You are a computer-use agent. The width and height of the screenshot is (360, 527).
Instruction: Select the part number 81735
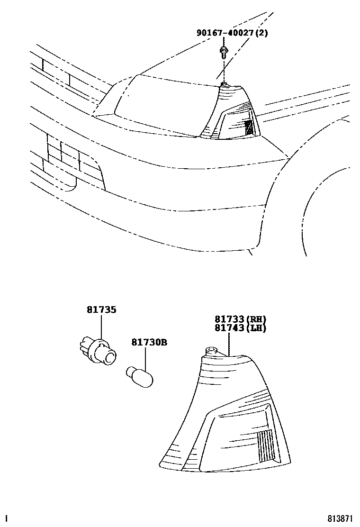(101, 310)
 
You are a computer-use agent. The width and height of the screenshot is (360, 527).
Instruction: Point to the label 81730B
(149, 342)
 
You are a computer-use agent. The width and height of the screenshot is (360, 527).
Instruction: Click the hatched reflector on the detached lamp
(266, 445)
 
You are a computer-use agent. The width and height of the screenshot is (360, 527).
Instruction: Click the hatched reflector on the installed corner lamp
(249, 127)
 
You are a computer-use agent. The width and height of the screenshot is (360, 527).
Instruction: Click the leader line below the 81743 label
(229, 344)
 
